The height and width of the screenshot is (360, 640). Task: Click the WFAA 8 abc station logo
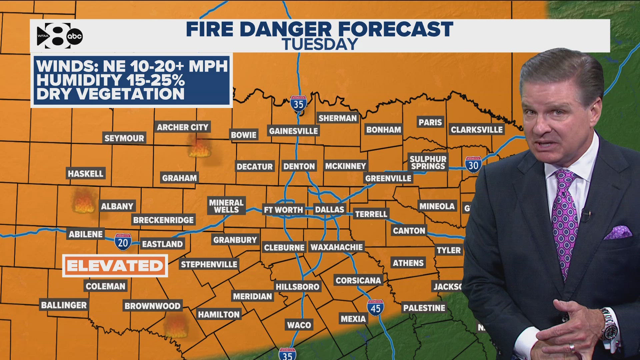point(59,36)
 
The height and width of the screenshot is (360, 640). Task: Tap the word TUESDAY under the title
point(320,44)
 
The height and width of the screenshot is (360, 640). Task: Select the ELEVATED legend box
point(115,266)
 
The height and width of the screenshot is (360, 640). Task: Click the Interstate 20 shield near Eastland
point(123,242)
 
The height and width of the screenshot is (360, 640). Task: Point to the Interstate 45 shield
point(375,308)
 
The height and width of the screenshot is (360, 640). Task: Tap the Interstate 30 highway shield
point(473,165)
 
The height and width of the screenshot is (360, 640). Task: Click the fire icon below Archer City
point(199,148)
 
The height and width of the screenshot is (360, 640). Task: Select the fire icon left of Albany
point(83,202)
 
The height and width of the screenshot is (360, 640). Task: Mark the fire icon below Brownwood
point(176,327)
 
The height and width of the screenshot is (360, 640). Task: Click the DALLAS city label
point(329,210)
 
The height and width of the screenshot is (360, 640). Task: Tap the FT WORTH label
point(283,210)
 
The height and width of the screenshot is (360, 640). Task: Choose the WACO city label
point(299,325)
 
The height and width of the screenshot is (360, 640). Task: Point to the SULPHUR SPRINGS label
point(428,163)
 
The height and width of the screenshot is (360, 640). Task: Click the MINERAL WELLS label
point(226,206)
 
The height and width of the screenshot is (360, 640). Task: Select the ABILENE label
point(86,234)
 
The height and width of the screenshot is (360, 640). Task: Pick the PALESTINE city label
point(424,308)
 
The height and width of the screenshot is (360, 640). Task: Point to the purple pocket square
point(618,232)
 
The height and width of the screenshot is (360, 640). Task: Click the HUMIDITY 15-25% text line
point(111,80)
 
